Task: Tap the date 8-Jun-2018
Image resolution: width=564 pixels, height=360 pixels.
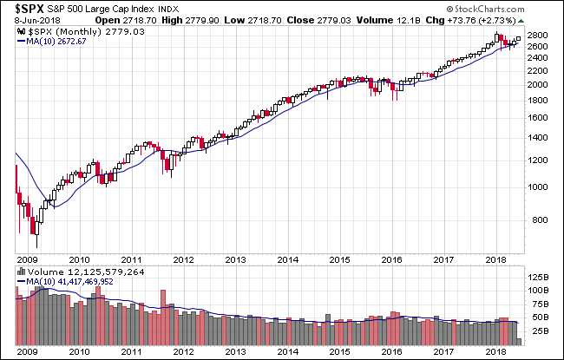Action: point(30,20)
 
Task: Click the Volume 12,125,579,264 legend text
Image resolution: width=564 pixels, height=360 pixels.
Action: point(74,272)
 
